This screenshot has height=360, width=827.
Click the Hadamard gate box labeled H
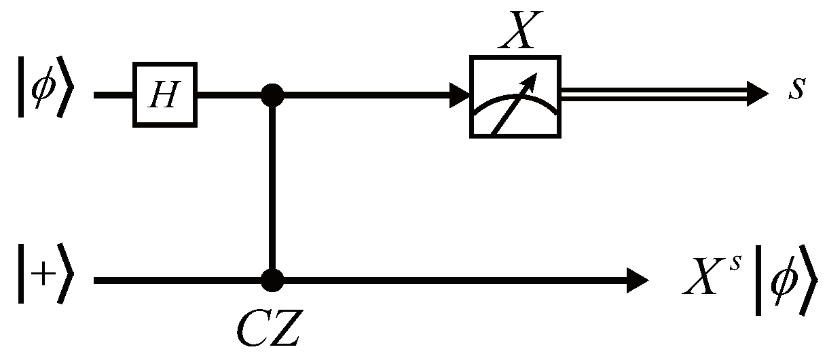click(165, 94)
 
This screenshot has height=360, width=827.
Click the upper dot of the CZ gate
click(272, 95)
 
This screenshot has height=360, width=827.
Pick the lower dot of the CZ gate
click(272, 279)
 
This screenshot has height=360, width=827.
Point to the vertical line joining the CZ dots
click(272, 187)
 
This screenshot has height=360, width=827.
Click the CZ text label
click(268, 329)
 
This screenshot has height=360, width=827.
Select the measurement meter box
click(515, 96)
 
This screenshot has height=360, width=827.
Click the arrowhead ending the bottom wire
click(638, 279)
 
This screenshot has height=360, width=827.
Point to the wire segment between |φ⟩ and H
click(113, 95)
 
